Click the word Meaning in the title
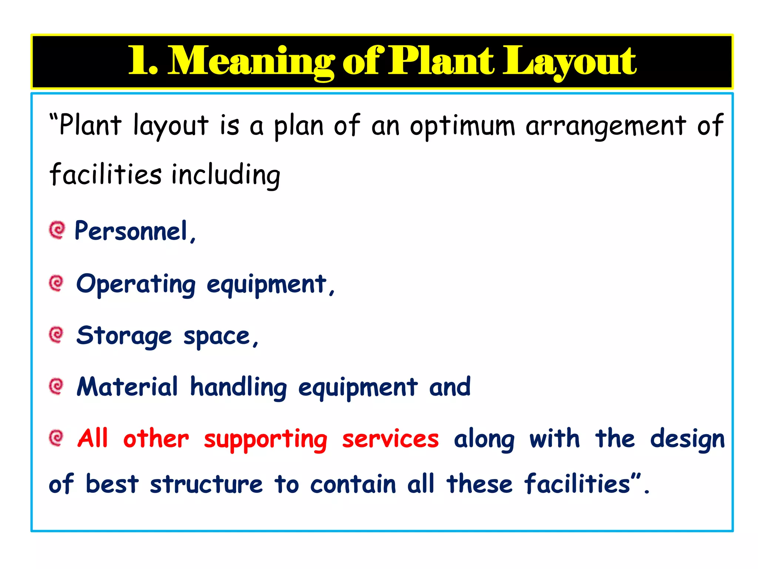(x=252, y=61)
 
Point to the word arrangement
(x=606, y=126)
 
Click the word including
(x=226, y=175)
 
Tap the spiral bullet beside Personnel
(x=57, y=230)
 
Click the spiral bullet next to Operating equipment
(x=56, y=284)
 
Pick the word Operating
(x=136, y=284)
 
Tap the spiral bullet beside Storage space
(x=56, y=335)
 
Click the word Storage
(x=124, y=336)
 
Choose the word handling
(x=238, y=387)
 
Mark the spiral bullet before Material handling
(x=56, y=386)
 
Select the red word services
(x=390, y=439)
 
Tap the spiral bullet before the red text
(x=56, y=438)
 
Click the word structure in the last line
(x=206, y=485)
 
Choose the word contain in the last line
(x=353, y=485)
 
